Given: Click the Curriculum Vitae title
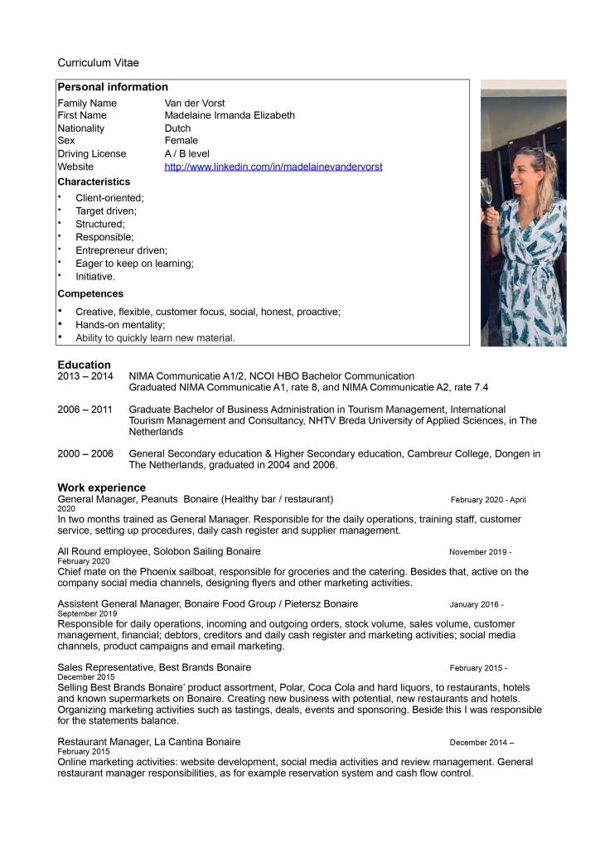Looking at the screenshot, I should coord(98,63).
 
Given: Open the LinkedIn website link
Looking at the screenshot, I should coord(273,167).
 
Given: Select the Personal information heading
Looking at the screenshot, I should coord(113,87).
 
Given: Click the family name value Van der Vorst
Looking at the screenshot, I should coord(194,103).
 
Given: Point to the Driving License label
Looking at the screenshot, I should coord(92,153).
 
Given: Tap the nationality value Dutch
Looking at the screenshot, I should coord(177,128).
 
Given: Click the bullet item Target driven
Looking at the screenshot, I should coord(106,211).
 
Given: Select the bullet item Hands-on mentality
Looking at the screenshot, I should coord(120,325).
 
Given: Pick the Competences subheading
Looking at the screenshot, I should coord(90,293).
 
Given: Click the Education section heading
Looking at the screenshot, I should coord(84,365).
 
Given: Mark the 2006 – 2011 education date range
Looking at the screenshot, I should coord(85,409).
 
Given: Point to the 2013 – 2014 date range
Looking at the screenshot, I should coord(85,376).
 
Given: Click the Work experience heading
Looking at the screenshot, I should coord(101,487).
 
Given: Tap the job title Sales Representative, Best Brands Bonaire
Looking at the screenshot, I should coord(154,667).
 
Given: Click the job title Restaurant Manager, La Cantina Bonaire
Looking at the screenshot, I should coord(149,742).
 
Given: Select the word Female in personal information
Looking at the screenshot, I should coord(181,141).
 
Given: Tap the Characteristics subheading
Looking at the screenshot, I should coord(94,182).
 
